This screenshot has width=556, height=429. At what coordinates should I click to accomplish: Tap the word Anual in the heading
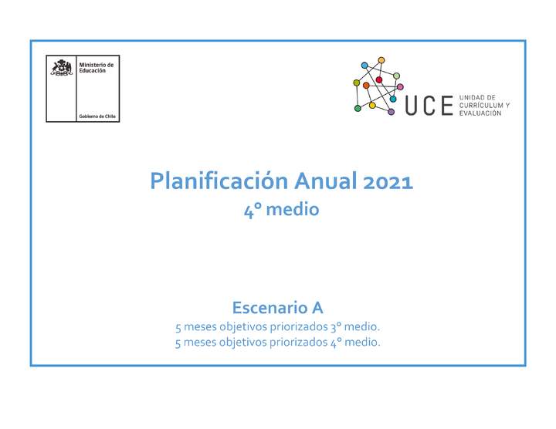point(325,182)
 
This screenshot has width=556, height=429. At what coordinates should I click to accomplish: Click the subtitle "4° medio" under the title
point(281,209)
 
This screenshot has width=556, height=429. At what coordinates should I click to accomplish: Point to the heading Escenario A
point(277,306)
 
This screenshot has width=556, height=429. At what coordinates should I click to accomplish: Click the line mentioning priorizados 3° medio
point(277,326)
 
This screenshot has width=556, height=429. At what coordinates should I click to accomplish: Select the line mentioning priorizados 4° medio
point(277,342)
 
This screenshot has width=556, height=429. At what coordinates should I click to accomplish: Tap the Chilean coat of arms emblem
point(62,68)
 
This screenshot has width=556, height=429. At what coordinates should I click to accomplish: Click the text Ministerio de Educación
point(96,68)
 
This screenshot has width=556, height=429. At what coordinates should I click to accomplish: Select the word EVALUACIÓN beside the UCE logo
point(480,113)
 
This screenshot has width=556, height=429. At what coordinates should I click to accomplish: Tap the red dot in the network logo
point(379,80)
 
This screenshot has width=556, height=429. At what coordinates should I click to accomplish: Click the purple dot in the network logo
point(391,112)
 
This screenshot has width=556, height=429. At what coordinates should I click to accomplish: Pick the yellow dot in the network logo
point(372,105)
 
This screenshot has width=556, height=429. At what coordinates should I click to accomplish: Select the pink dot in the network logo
point(400,86)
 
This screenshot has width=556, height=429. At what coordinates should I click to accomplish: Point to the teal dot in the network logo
point(393,99)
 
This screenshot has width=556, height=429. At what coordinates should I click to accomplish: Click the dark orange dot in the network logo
point(366,86)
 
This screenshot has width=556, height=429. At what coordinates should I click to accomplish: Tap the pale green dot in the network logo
point(396,76)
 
